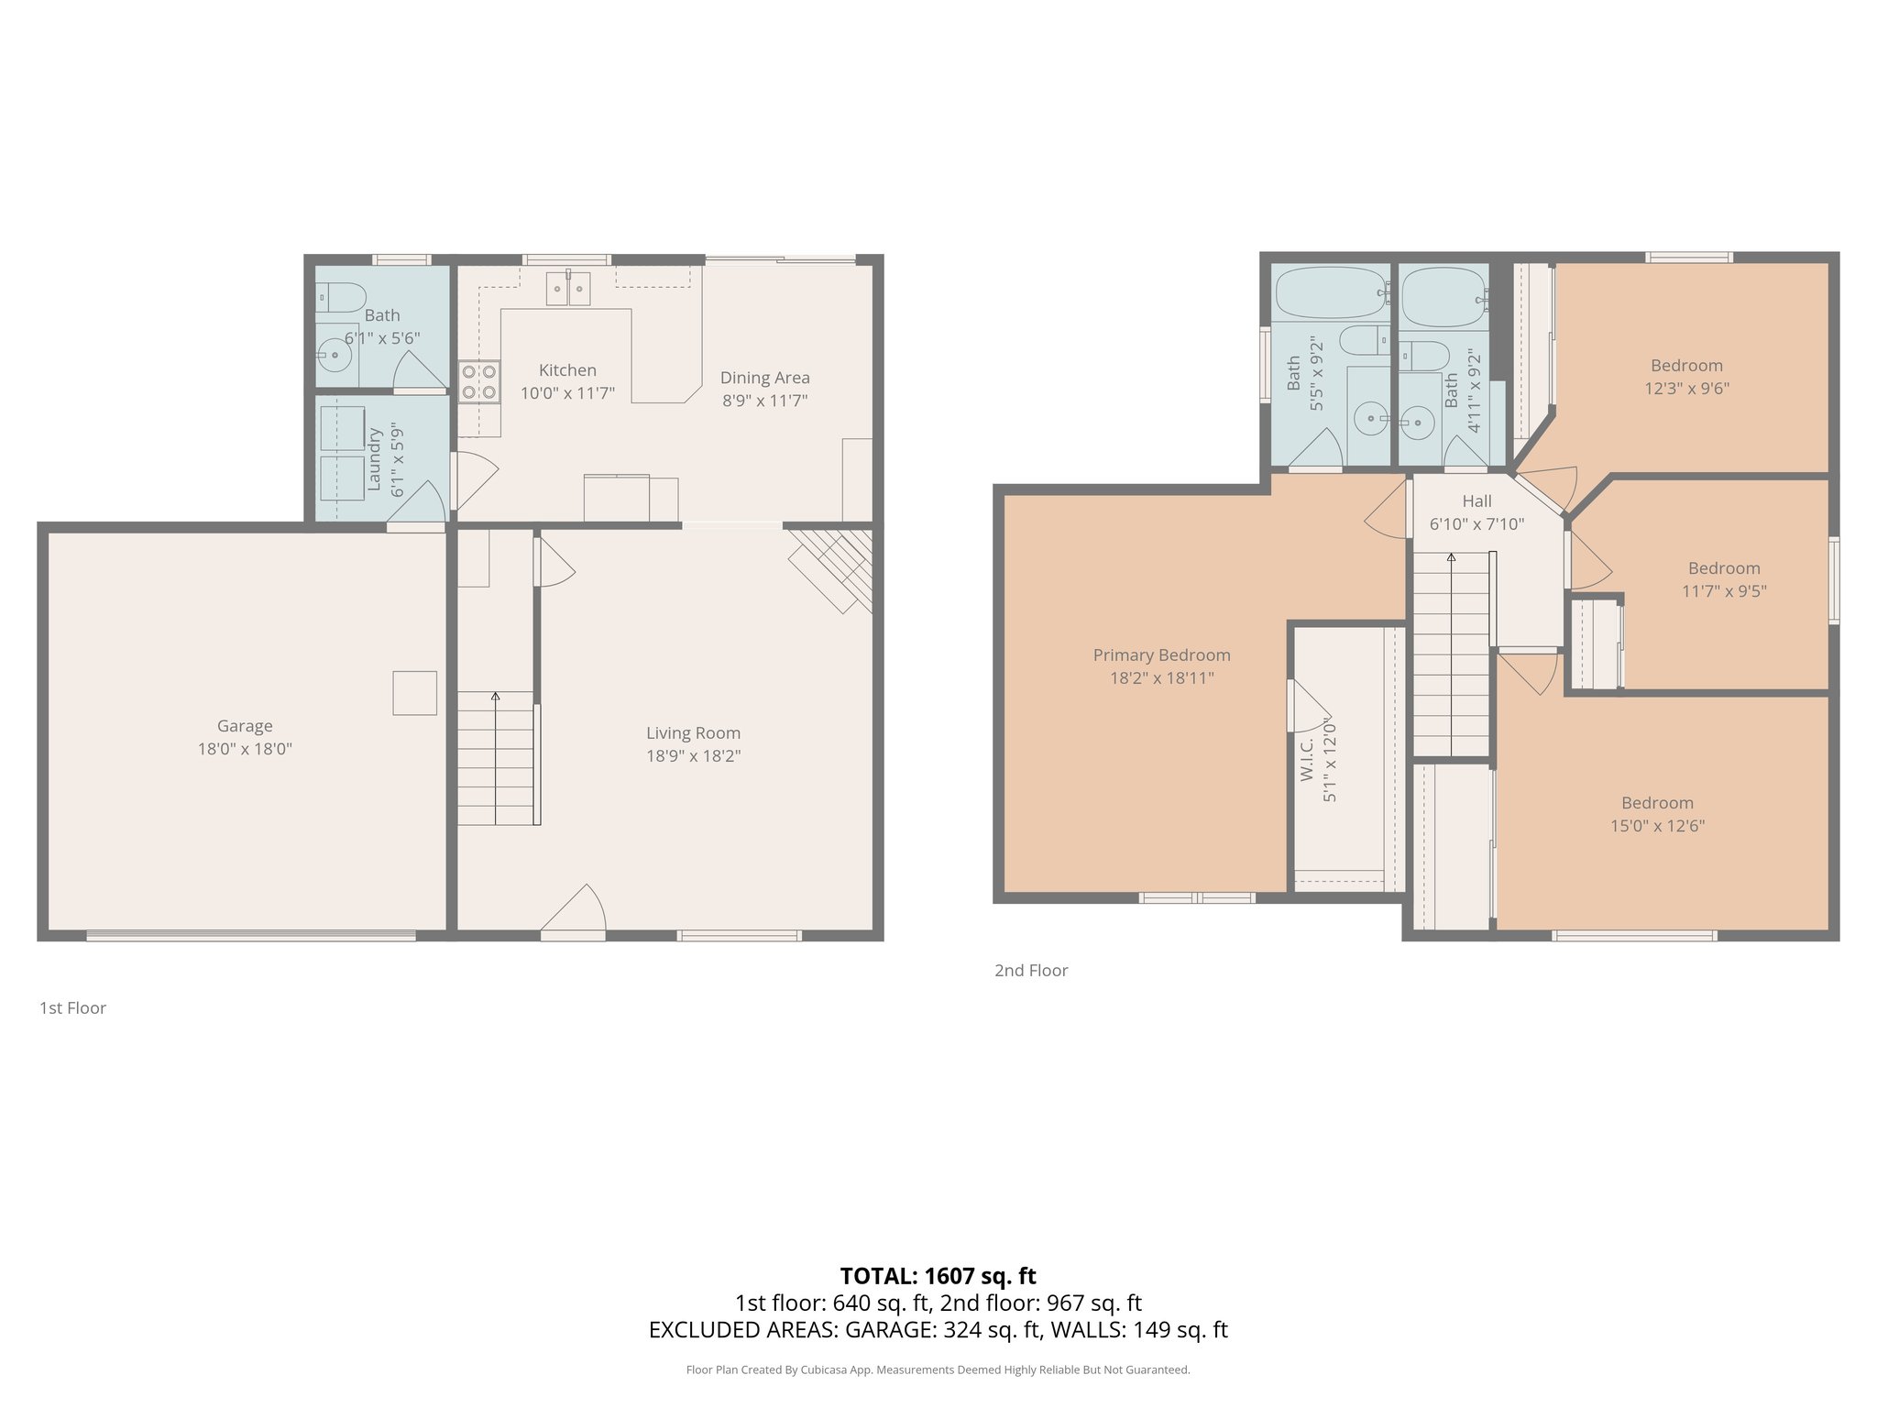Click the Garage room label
[x=245, y=726]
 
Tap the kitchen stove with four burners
[x=478, y=381]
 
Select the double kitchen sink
[x=568, y=289]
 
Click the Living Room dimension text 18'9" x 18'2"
[x=693, y=756]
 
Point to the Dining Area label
[x=764, y=378]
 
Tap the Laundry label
[x=374, y=459]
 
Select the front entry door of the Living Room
[x=574, y=911]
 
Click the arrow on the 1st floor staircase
[x=496, y=697]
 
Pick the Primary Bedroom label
[x=1161, y=655]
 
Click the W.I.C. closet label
[x=1307, y=759]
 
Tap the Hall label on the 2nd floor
[x=1476, y=501]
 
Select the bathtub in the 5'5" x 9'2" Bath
[x=1331, y=292]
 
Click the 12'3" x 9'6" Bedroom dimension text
[x=1686, y=388]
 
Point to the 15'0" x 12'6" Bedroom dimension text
[x=1657, y=826]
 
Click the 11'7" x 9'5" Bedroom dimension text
[x=1724, y=591]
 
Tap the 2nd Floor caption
[x=1031, y=971]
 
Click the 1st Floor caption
[x=72, y=1008]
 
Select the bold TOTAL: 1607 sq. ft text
[x=938, y=1276]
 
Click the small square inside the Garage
[x=414, y=693]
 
